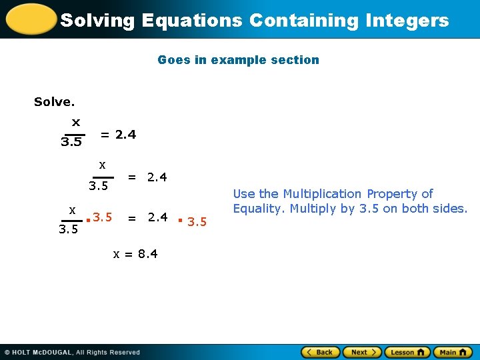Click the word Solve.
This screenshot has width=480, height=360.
pyautogui.click(x=54, y=102)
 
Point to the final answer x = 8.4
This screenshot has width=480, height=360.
pyautogui.click(x=135, y=253)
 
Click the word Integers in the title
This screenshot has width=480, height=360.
pyautogui.click(x=407, y=20)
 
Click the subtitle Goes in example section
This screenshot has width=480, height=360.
pyautogui.click(x=238, y=60)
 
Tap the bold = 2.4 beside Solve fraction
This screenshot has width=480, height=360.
pyautogui.click(x=118, y=135)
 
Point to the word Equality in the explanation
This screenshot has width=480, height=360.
pyautogui.click(x=259, y=209)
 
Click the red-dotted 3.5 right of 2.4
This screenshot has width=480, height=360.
pyautogui.click(x=197, y=221)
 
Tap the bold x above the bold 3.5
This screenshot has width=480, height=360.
pyautogui.click(x=75, y=122)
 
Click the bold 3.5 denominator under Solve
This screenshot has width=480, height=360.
pyautogui.click(x=71, y=142)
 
